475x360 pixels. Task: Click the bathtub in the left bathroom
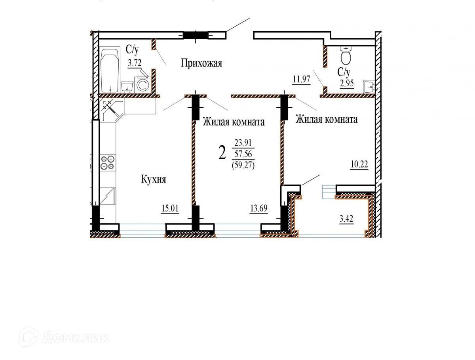(x=110, y=70)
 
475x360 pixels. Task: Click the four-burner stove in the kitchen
(x=108, y=162)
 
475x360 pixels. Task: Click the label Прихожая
(x=201, y=63)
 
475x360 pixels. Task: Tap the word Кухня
(x=154, y=179)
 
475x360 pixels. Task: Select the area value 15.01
(x=170, y=209)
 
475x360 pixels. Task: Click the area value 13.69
(x=259, y=209)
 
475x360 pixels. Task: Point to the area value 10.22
(x=359, y=165)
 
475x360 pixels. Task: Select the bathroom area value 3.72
(x=135, y=62)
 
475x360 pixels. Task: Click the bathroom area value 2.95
(x=346, y=84)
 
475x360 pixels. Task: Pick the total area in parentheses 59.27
(x=243, y=166)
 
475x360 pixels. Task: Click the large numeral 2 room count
(x=222, y=152)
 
